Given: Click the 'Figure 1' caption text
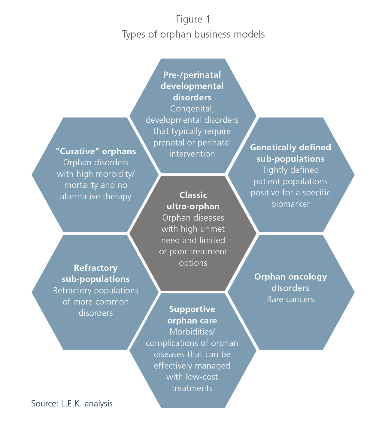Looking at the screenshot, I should pyautogui.click(x=193, y=19).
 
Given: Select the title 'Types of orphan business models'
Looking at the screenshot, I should pyautogui.click(x=193, y=34).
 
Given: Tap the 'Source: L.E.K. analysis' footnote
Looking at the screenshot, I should pyautogui.click(x=72, y=403).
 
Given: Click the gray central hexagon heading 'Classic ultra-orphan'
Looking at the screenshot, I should pyautogui.click(x=193, y=201).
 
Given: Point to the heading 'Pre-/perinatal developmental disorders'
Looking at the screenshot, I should pyautogui.click(x=192, y=86).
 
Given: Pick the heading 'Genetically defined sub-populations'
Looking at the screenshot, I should pyautogui.click(x=290, y=153).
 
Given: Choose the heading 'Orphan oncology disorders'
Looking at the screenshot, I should pyautogui.click(x=290, y=282).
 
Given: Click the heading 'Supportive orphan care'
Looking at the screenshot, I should pyautogui.click(x=192, y=315).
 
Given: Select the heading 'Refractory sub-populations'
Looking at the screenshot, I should pyautogui.click(x=95, y=273).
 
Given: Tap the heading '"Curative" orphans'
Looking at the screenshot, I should pyautogui.click(x=95, y=151).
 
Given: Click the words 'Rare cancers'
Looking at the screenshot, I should pyautogui.click(x=290, y=299).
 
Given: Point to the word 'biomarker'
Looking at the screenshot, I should pyautogui.click(x=290, y=204).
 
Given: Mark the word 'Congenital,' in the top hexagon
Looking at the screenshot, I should pyautogui.click(x=192, y=109).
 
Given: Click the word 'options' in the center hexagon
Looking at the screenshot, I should pyautogui.click(x=193, y=263).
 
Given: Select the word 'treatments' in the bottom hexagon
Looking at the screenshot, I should pyautogui.click(x=192, y=388).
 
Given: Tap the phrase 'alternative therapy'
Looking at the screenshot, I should pyautogui.click(x=95, y=197).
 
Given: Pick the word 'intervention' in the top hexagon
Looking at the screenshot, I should pyautogui.click(x=192, y=154).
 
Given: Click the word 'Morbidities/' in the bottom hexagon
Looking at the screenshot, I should pyautogui.click(x=192, y=332).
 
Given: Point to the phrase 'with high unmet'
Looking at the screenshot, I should pyautogui.click(x=193, y=229).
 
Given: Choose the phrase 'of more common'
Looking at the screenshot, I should pyautogui.click(x=95, y=302).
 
